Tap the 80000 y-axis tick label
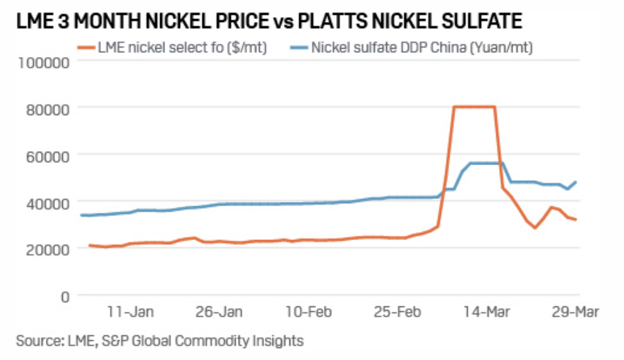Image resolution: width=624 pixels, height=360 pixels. pos(44,107)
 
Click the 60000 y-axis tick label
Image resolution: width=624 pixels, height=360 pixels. pos(44,155)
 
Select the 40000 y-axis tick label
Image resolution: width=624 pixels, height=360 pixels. pos(44,201)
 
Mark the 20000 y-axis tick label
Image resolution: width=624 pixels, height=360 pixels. pos(44,248)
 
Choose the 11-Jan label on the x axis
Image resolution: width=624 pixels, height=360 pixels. pos(131,311)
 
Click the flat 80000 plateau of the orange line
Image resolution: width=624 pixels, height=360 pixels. pos(474,107)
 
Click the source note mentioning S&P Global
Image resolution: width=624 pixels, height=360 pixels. pos(160,341)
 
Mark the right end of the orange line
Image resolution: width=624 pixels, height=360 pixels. pos(577,220)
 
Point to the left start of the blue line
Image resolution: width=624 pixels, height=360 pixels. pos(81,215)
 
